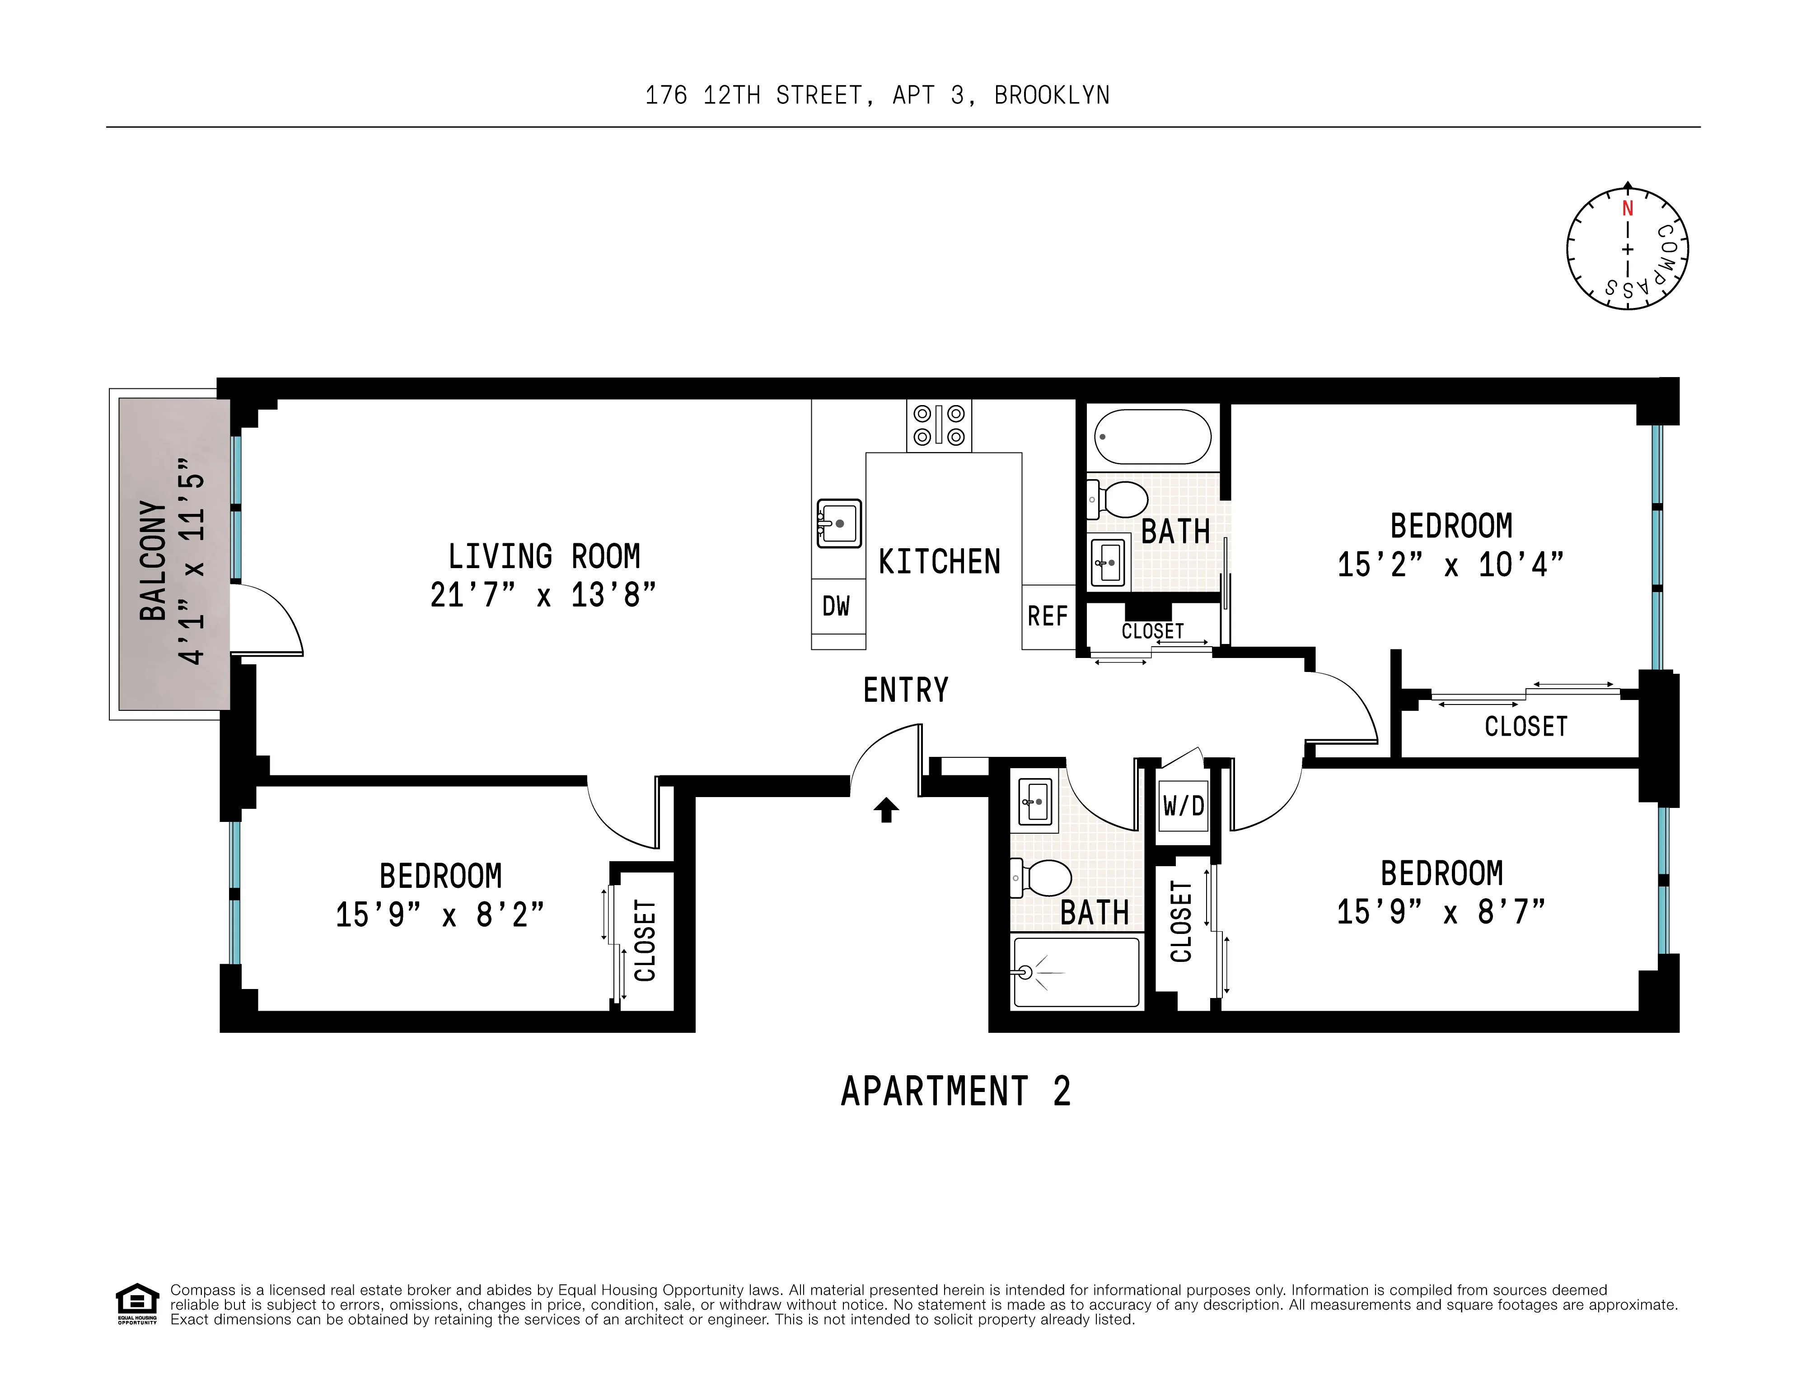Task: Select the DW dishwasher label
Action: point(836,606)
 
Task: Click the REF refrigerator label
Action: point(1048,616)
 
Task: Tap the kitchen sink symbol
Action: point(838,523)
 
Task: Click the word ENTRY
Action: point(905,690)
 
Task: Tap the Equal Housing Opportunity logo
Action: point(136,1304)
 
